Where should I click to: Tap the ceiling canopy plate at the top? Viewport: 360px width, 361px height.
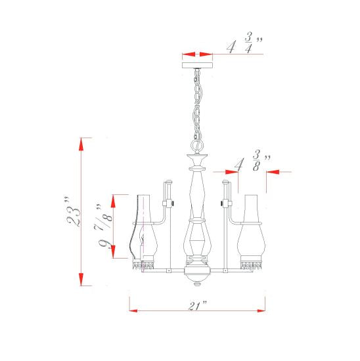196,64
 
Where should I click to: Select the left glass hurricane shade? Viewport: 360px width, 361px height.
144,230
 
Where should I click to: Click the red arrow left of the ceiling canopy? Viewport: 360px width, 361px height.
189,54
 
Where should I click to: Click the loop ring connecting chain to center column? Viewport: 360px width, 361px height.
196,144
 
